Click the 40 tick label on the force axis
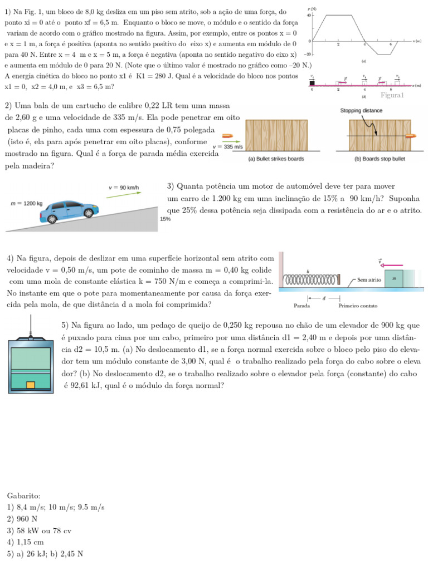309,15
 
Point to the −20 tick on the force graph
307,55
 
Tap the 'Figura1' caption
392,95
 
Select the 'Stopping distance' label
361,111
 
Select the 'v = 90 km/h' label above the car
124,187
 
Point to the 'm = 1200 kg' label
27,204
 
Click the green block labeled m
395,278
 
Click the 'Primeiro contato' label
358,306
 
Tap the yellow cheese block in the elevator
31,385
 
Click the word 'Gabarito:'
23,495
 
